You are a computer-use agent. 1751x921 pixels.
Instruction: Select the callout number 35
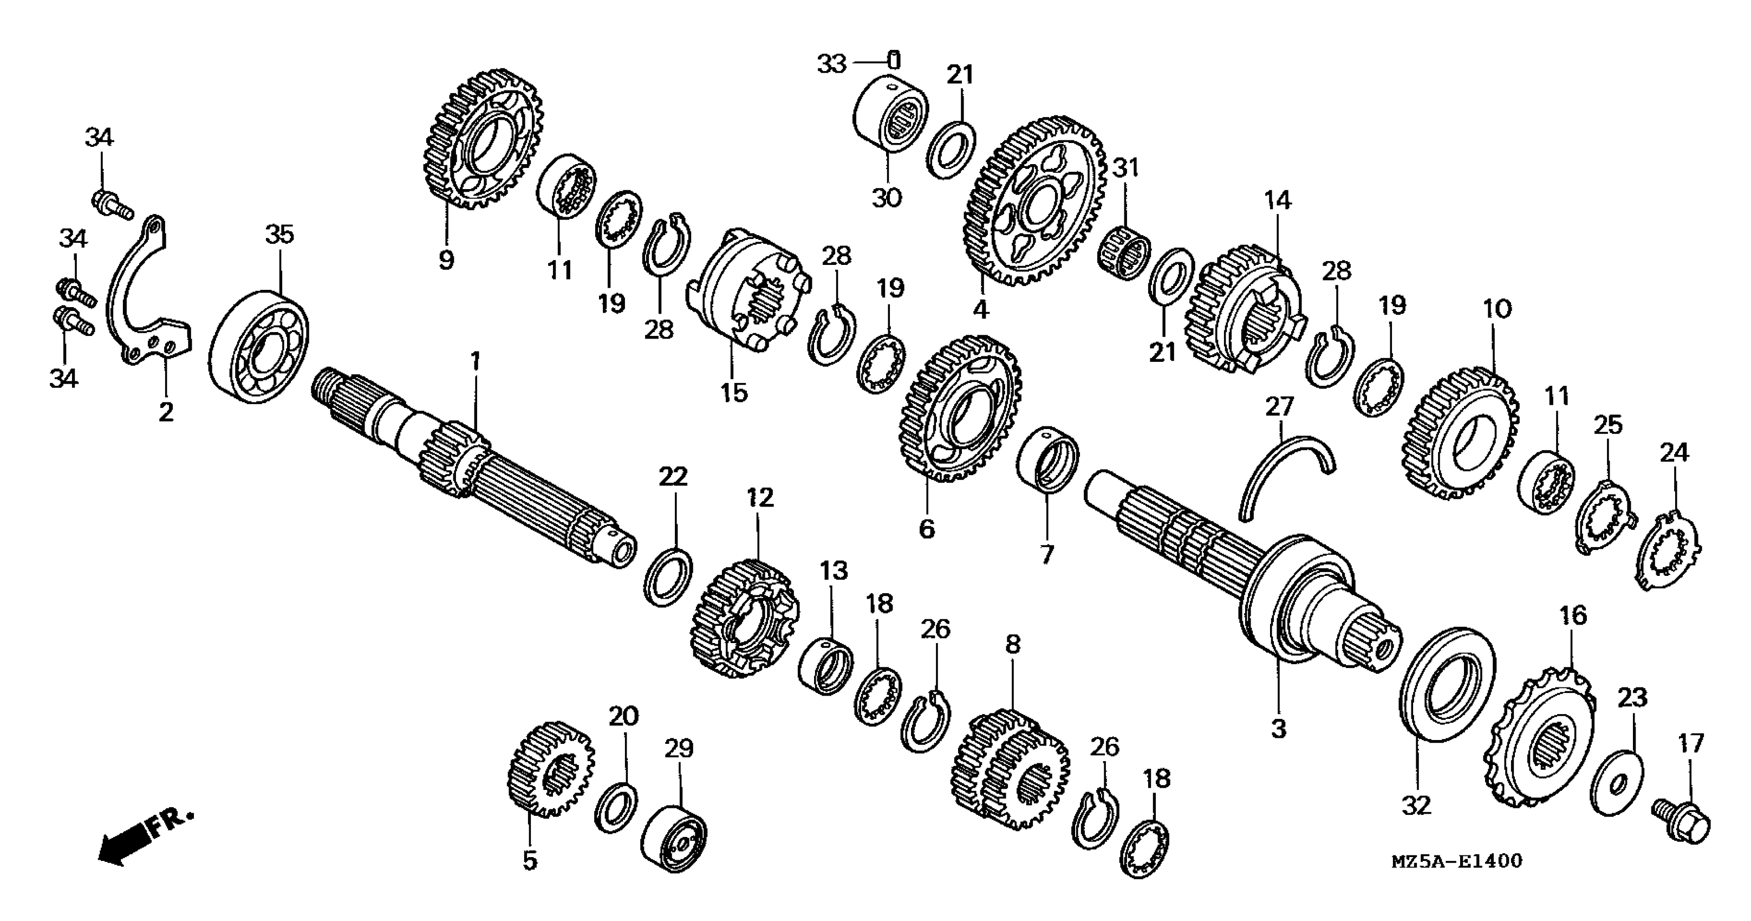pos(279,235)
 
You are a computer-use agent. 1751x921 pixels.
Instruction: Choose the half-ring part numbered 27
pos(1278,476)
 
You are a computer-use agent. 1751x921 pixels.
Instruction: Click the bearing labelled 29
pos(674,838)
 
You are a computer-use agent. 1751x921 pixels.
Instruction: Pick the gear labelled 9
pos(483,140)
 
